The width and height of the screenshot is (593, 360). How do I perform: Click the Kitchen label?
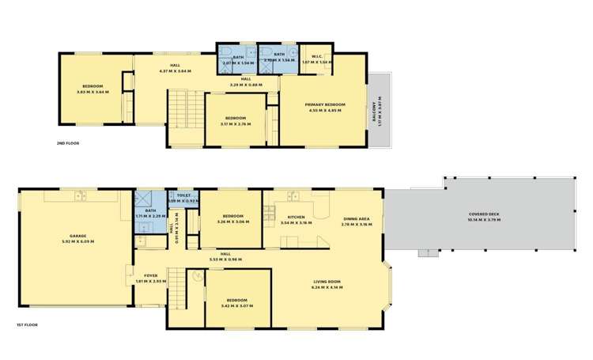coord(296,219)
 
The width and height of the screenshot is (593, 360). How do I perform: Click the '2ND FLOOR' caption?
coord(68,143)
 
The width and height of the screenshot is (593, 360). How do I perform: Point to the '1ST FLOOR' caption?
coord(28,324)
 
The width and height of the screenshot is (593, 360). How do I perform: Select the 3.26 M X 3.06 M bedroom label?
coord(233,219)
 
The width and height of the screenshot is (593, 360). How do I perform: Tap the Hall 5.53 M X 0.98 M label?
coord(225,256)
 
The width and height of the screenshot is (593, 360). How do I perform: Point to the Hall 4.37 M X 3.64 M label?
coord(176,68)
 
